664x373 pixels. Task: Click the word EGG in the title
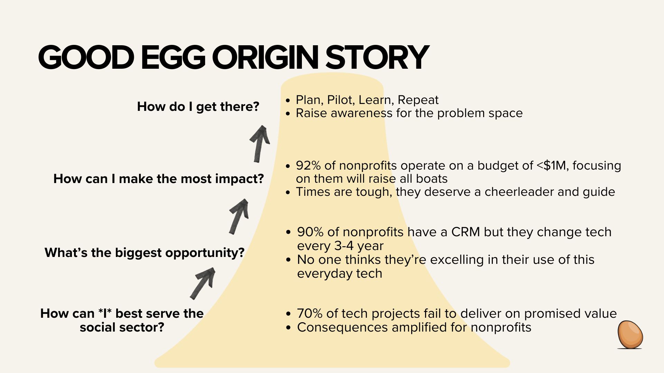click(173, 57)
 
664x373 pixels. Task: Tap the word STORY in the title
click(377, 57)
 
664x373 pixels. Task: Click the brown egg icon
click(630, 335)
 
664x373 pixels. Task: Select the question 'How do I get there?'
click(198, 106)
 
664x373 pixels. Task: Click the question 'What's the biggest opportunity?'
click(145, 252)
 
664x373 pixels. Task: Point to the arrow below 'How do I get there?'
click(259, 144)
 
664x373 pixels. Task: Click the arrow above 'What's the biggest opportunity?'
click(239, 217)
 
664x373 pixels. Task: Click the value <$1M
click(553, 165)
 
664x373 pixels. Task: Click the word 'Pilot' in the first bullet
click(341, 100)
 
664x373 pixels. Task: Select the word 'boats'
click(432, 179)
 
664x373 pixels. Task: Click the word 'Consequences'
click(342, 327)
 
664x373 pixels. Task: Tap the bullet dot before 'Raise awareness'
click(288, 114)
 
